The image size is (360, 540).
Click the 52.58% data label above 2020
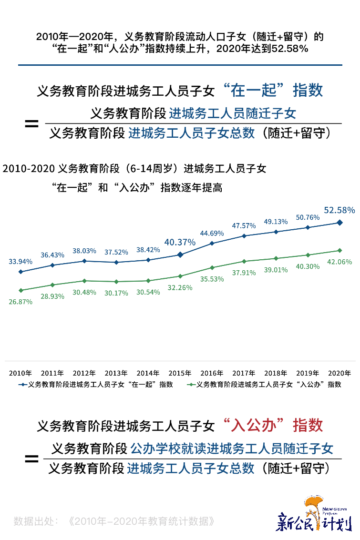[339, 210]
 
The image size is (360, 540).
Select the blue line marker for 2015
[180, 255]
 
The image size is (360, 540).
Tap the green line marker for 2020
[339, 250]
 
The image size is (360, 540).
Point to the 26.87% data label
[21, 302]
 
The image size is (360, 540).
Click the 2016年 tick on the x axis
[212, 373]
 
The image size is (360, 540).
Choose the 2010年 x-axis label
[21, 373]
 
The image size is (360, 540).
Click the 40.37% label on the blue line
[180, 243]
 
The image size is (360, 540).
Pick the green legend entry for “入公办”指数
[265, 384]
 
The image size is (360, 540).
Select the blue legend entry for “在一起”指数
[95, 384]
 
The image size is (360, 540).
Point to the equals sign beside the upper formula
[31, 124]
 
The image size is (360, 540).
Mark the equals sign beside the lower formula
[31, 459]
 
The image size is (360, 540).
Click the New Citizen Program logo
[314, 515]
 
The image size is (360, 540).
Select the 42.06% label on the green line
[339, 262]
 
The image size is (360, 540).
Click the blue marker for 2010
[21, 272]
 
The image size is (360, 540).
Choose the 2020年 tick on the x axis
[339, 373]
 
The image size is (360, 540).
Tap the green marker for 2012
[84, 281]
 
